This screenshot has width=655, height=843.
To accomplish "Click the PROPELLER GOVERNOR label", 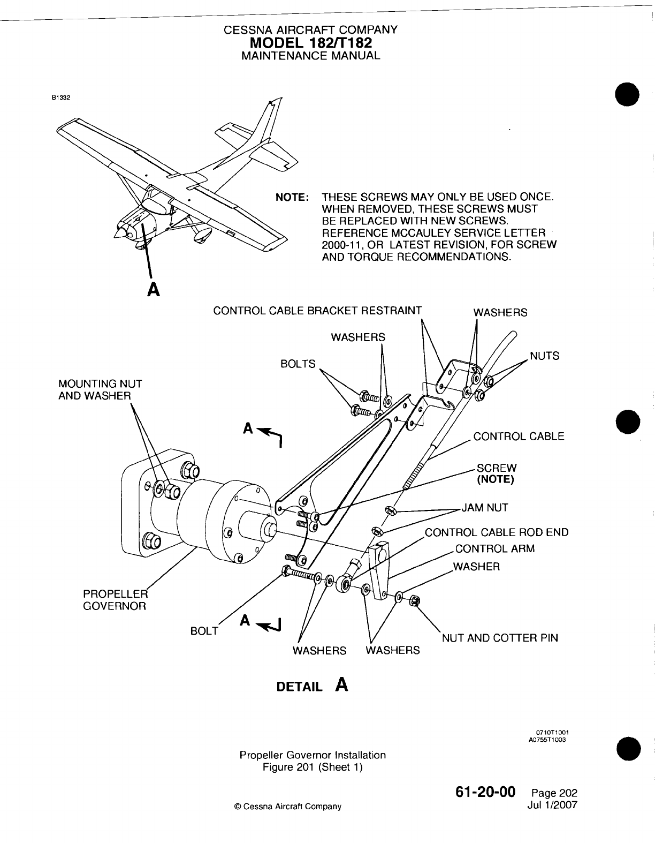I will click(115, 600).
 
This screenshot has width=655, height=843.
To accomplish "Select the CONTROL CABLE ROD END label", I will click(497, 532).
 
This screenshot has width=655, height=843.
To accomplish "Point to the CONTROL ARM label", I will click(494, 548).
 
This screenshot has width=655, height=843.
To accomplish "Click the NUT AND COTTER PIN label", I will click(500, 638).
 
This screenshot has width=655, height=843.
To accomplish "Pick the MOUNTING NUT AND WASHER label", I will click(100, 390).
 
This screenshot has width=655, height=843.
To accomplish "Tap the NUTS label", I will click(544, 356).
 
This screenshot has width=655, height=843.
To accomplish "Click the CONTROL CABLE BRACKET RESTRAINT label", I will click(317, 311).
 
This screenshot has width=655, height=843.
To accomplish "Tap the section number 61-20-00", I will click(486, 791).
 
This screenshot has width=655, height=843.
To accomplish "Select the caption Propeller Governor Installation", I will click(313, 755).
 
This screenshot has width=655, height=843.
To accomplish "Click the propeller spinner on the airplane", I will click(119, 231).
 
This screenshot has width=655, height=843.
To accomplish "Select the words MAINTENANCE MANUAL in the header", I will click(310, 55).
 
